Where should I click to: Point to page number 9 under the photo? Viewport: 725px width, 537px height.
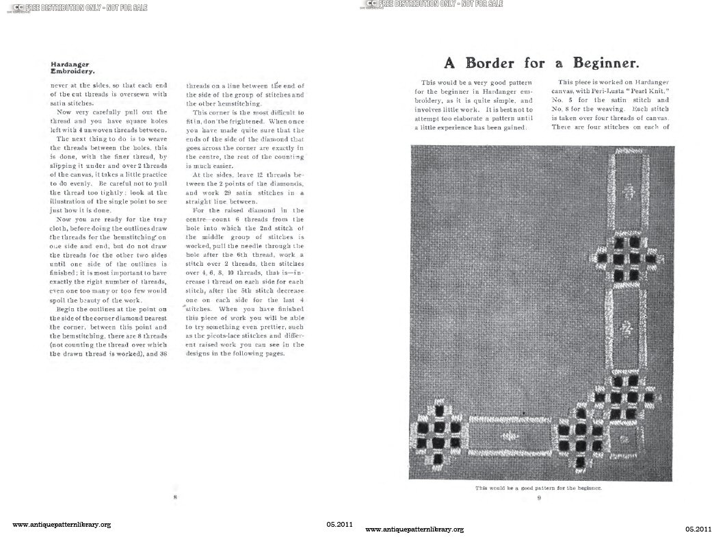539,498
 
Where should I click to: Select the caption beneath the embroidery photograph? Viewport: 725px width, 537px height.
538,488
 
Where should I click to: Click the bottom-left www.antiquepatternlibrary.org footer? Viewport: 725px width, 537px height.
62,525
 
